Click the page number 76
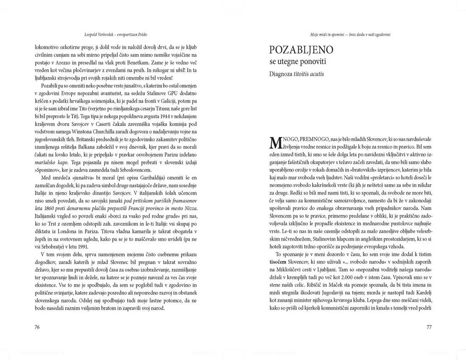click(37, 327)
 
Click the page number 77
click(429, 327)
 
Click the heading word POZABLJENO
click(301, 50)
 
